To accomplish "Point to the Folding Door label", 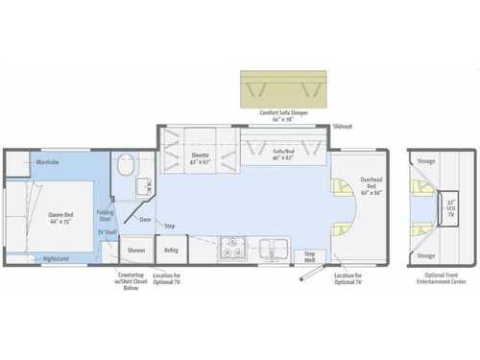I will pyautogui.click(x=105, y=216).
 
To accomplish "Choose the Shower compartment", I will pyautogui.click(x=136, y=250).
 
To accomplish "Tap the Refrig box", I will pyautogui.click(x=170, y=250).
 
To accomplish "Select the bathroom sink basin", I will pyautogui.click(x=140, y=186).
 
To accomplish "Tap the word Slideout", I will pyautogui.click(x=342, y=127).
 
